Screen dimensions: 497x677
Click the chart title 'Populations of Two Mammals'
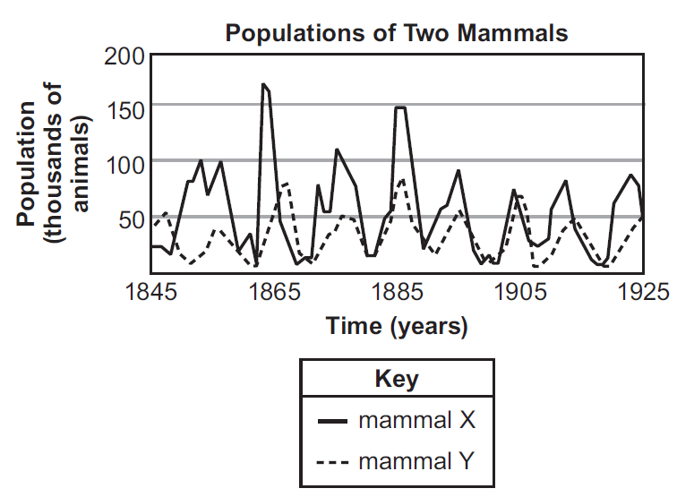(x=397, y=33)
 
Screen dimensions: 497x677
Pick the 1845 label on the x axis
(x=149, y=290)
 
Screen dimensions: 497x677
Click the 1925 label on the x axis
(x=642, y=290)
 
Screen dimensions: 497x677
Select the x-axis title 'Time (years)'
(x=397, y=326)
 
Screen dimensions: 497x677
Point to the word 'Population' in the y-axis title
(x=26, y=162)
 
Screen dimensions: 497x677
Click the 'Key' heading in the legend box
(x=397, y=379)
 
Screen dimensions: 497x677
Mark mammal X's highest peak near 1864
(x=263, y=85)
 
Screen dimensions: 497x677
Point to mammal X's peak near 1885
(x=400, y=107)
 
